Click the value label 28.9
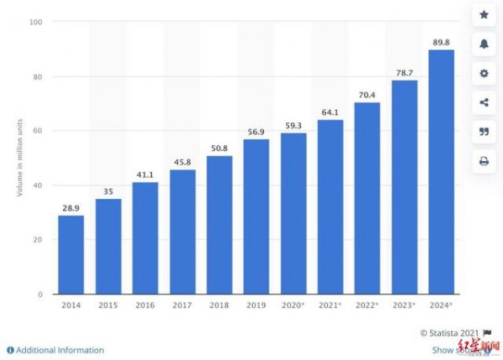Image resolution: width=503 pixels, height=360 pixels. click(70, 206)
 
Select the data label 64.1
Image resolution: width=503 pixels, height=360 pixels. click(330, 111)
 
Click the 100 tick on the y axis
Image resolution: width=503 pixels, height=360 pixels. click(37, 22)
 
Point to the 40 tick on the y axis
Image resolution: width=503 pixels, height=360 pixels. click(39, 185)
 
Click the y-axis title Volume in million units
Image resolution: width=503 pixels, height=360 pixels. click(19, 158)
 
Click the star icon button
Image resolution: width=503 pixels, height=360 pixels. click(484, 15)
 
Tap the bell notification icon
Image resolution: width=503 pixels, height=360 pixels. click(484, 44)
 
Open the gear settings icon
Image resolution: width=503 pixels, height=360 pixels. click(484, 74)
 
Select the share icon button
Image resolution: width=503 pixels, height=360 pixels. click(484, 102)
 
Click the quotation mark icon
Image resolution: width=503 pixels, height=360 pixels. click(484, 132)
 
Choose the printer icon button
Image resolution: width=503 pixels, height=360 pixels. click(484, 161)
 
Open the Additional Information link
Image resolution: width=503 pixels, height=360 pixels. click(60, 350)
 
